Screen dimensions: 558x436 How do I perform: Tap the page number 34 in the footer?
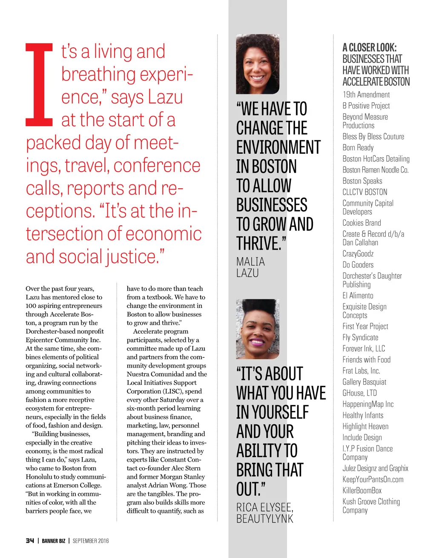[30, 541]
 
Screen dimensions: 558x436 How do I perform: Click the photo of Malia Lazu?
[258, 64]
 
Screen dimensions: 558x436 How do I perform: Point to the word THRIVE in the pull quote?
[258, 244]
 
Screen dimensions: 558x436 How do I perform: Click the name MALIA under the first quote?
[251, 262]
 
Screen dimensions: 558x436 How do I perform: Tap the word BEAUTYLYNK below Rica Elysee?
[265, 518]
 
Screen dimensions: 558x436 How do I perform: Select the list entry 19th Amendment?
[366, 95]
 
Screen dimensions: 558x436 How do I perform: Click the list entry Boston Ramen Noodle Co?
[375, 170]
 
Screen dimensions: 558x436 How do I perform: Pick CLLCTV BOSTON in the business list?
[365, 192]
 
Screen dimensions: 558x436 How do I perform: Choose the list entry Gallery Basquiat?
[364, 382]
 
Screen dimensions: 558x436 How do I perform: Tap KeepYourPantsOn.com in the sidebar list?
[373, 479]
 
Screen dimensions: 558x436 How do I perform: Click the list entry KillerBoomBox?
[362, 490]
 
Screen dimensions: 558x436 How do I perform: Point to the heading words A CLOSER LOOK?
[370, 48]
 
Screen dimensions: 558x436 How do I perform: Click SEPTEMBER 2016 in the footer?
[91, 541]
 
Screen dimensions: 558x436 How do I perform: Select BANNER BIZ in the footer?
[54, 541]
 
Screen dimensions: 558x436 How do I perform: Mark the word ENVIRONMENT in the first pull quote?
[278, 147]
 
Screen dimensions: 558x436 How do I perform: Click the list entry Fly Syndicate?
[360, 337]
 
